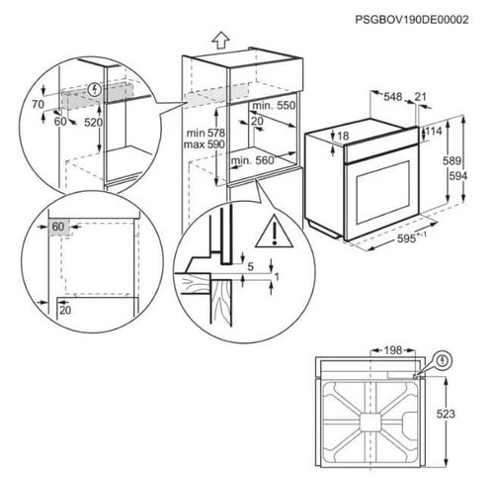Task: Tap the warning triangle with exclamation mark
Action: (x=268, y=235)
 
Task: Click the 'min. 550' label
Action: (x=274, y=105)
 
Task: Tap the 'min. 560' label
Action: (x=254, y=159)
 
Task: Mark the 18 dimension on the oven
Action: (x=344, y=136)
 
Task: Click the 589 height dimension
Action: (x=452, y=159)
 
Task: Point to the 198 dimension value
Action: (x=393, y=349)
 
